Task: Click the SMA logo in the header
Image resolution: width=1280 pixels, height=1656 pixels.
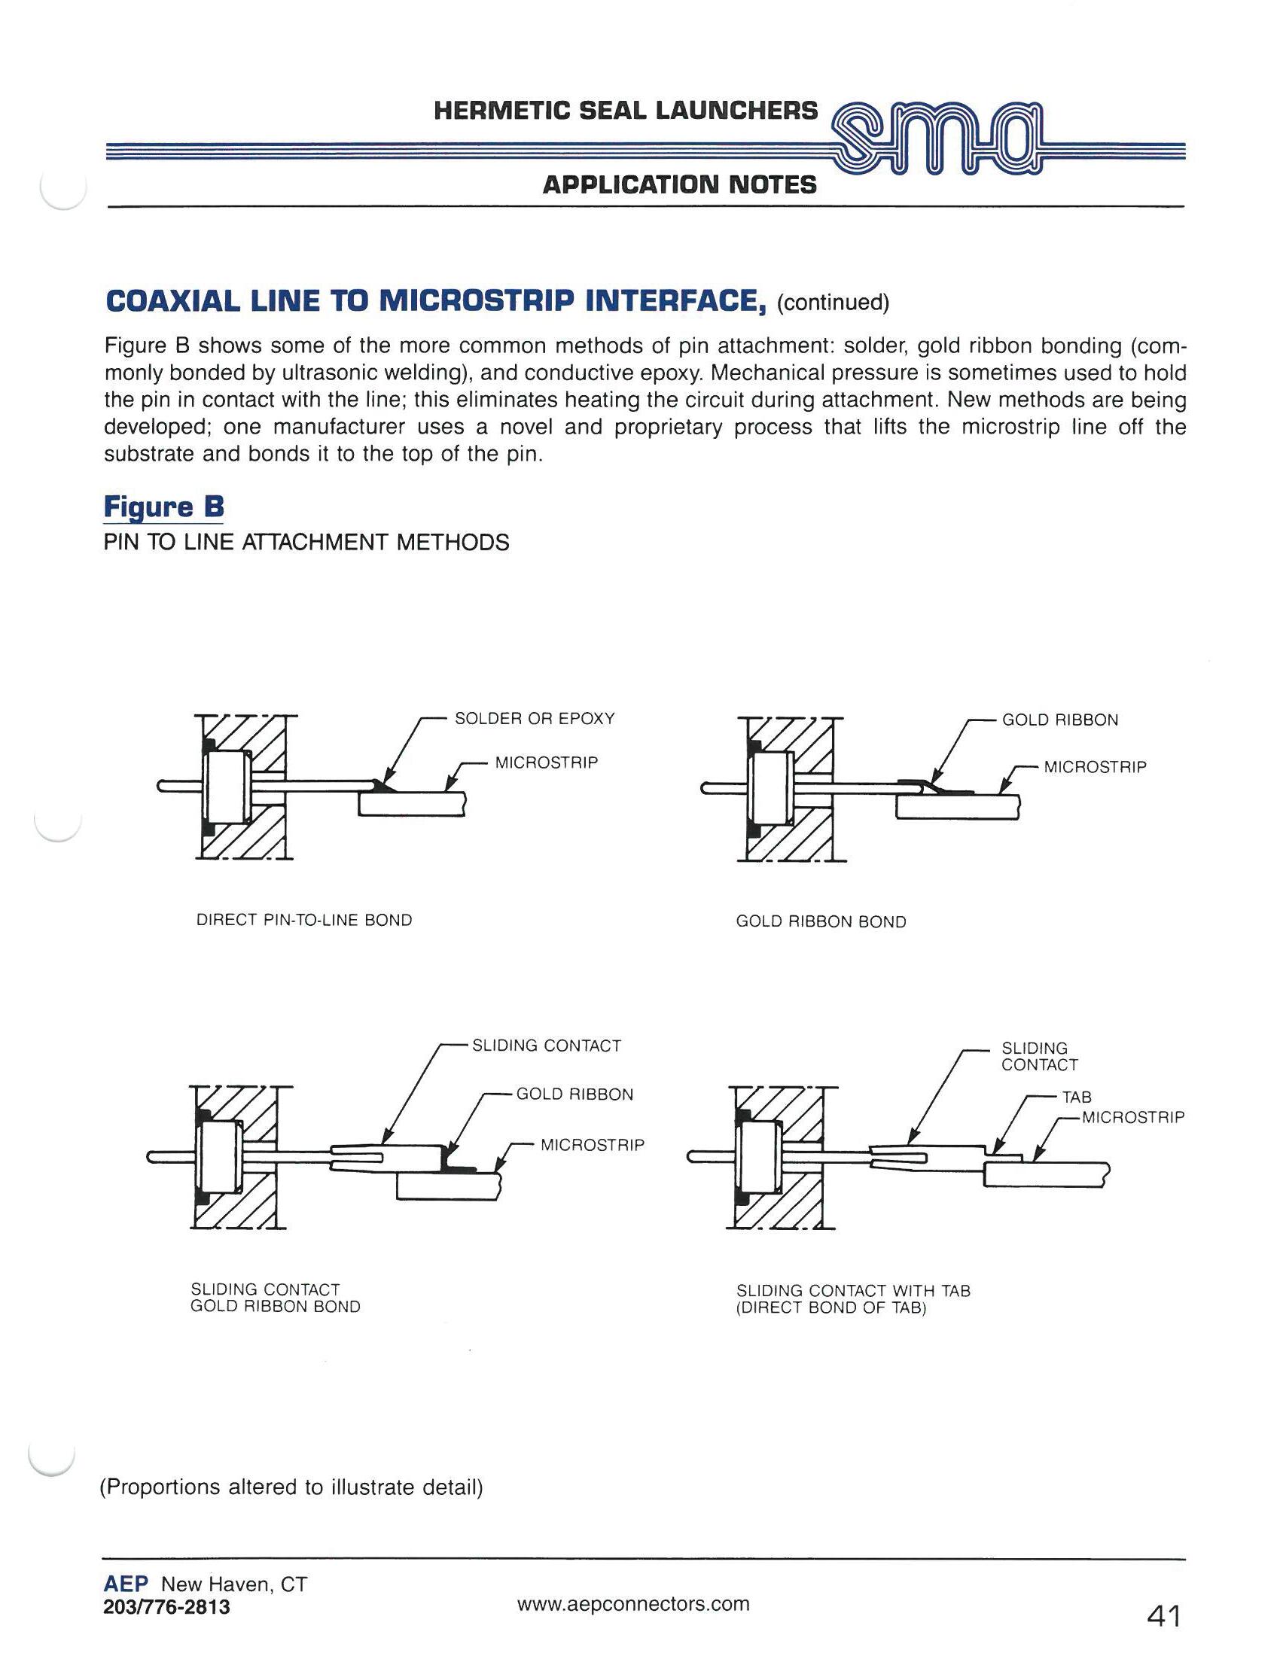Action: coord(937,144)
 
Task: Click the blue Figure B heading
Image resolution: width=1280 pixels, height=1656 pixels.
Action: coord(163,506)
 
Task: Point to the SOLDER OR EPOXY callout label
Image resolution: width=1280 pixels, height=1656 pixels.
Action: coord(534,719)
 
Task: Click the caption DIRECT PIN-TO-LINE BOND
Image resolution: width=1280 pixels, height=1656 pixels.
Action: coord(304,921)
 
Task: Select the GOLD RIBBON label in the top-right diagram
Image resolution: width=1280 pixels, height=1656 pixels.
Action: coord(1059,720)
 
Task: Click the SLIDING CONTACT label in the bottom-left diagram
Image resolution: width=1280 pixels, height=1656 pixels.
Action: coord(546,1046)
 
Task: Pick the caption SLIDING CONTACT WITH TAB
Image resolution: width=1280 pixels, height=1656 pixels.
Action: coord(852,1290)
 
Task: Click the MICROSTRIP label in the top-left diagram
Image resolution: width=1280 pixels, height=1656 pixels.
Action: coord(546,763)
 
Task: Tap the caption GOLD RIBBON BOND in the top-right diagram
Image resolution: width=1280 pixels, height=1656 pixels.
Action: coord(821,922)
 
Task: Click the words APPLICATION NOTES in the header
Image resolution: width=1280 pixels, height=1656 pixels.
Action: coord(679,184)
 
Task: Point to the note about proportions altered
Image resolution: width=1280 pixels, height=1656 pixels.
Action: coord(292,1487)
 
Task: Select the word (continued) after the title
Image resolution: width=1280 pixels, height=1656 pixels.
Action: coord(833,303)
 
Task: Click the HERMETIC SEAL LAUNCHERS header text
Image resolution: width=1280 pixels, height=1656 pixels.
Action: coord(626,111)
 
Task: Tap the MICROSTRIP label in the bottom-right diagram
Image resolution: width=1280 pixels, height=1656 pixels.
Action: coord(1132,1117)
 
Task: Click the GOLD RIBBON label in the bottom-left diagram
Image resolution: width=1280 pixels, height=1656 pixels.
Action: coord(574,1094)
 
